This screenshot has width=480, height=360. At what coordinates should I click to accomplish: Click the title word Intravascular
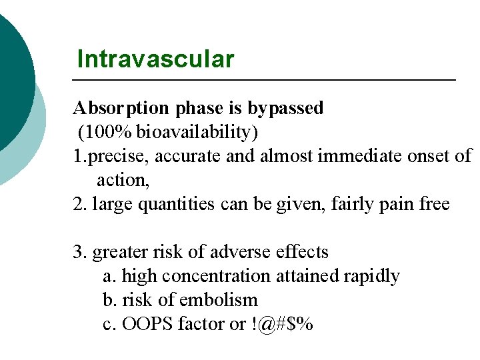155,59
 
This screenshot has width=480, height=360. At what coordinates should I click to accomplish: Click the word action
121,180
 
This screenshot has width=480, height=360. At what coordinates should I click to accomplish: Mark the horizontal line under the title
263,80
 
